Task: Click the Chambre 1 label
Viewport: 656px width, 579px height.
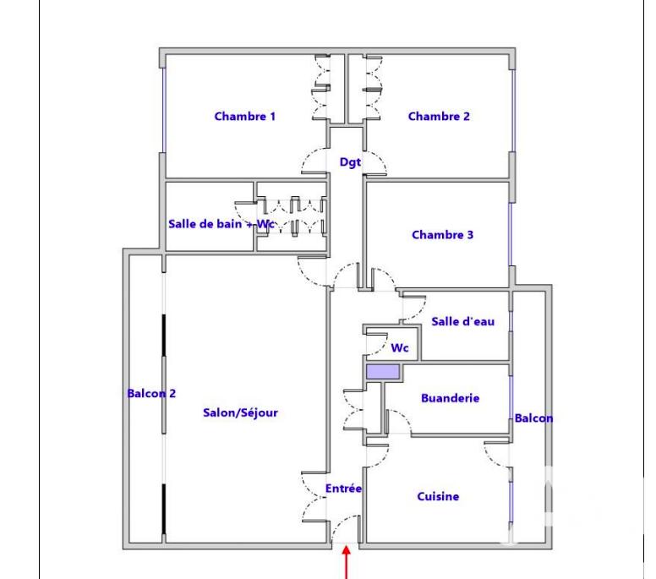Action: [x=244, y=117]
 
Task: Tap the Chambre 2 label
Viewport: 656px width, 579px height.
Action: [x=439, y=117]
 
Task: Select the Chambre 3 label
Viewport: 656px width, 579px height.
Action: [x=442, y=235]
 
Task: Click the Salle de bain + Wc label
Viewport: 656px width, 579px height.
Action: [x=218, y=223]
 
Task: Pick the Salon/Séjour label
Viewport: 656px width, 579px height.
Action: [x=240, y=413]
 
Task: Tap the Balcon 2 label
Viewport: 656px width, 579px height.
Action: [x=151, y=393]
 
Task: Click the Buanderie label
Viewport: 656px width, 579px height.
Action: [x=450, y=398]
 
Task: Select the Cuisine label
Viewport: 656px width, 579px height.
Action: [x=438, y=497]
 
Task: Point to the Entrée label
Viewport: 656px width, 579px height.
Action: [x=343, y=489]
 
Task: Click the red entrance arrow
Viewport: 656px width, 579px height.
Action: [x=347, y=562]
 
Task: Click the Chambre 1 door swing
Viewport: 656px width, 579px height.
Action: [x=314, y=159]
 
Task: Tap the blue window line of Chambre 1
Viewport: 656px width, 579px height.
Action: [x=164, y=109]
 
